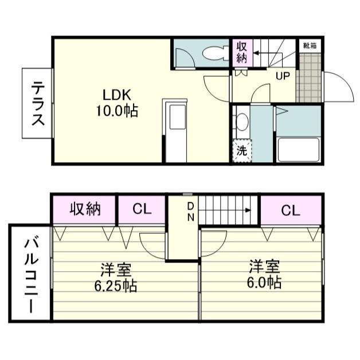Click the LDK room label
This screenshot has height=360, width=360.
coord(118,94)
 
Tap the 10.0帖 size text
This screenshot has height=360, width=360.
coord(117,111)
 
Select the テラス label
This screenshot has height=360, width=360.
coord(38,103)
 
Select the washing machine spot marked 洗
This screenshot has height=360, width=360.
coord(242,151)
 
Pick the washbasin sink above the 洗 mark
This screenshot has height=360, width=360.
coord(241,122)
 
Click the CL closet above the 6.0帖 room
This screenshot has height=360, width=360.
coord(290,210)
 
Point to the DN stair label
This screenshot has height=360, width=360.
coord(190,212)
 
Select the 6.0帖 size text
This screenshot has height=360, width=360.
coord(264,282)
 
